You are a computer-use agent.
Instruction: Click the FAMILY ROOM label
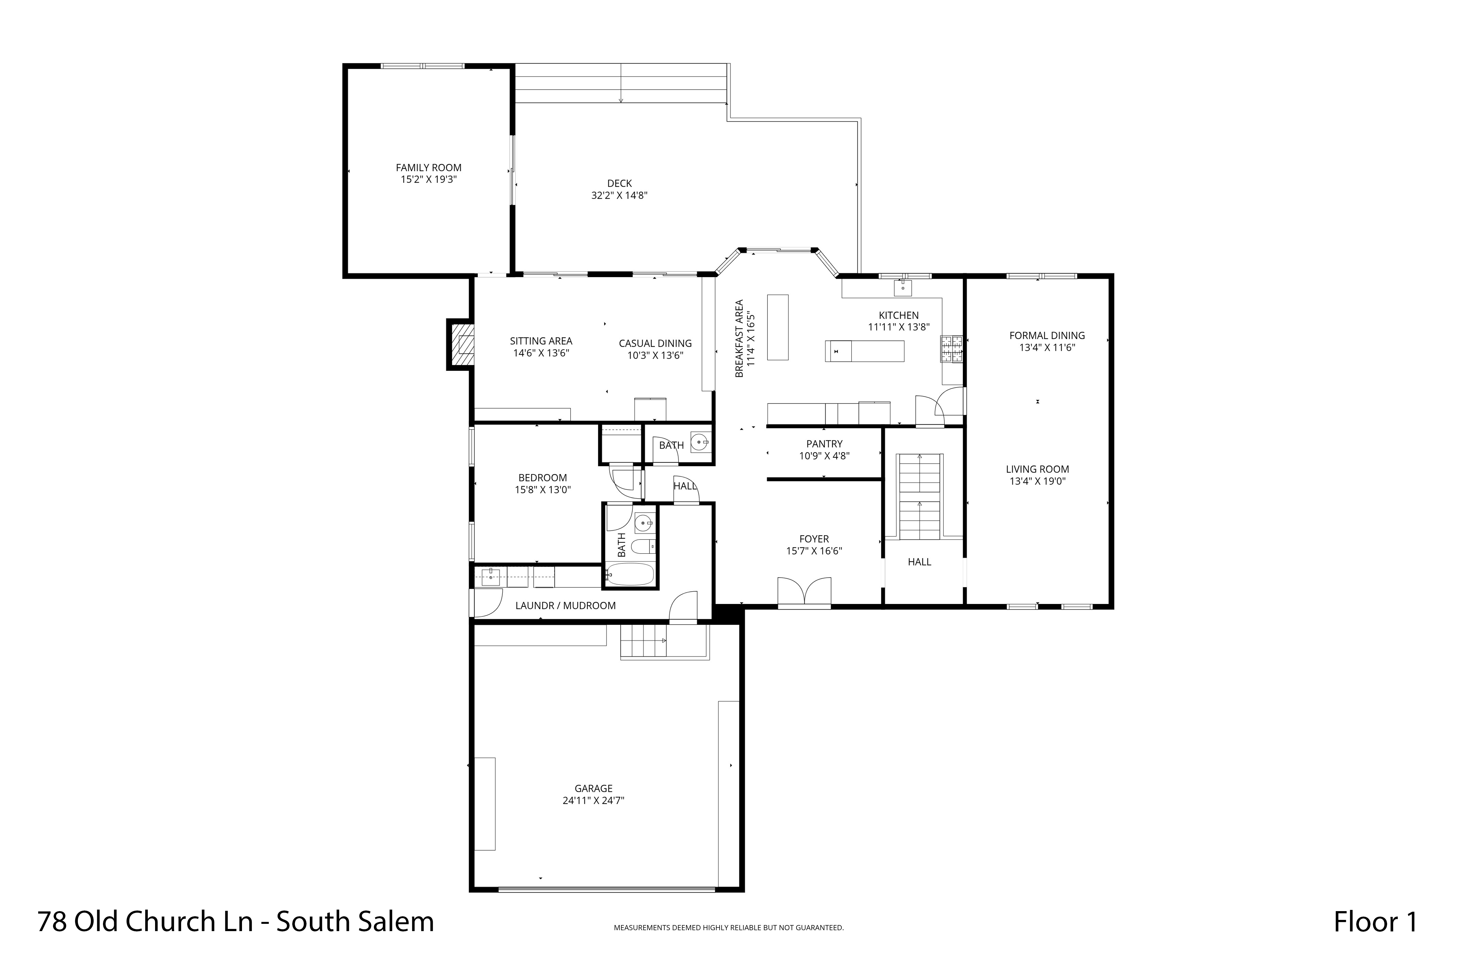(428, 168)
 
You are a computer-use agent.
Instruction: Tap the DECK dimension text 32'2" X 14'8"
(619, 195)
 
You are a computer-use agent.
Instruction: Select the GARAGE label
(593, 788)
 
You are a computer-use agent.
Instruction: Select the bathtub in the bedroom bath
(630, 575)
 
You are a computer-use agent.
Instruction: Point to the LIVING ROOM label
(1037, 469)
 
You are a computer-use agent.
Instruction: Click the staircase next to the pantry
(920, 496)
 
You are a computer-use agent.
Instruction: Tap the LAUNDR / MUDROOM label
(565, 605)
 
